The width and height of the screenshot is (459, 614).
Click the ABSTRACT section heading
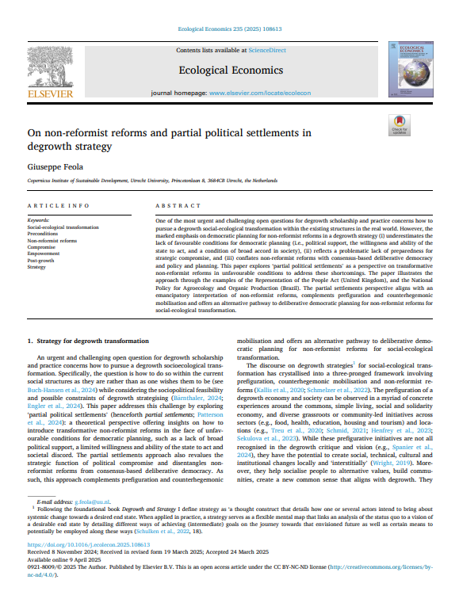(177, 205)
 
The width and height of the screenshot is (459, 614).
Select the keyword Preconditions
(44, 233)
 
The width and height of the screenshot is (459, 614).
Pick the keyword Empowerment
(44, 254)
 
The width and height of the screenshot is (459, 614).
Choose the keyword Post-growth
(42, 261)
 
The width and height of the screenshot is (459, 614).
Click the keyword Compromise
(43, 246)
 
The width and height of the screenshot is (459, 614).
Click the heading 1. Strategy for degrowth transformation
(89, 340)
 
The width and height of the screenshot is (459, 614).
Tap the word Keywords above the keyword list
(38, 219)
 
